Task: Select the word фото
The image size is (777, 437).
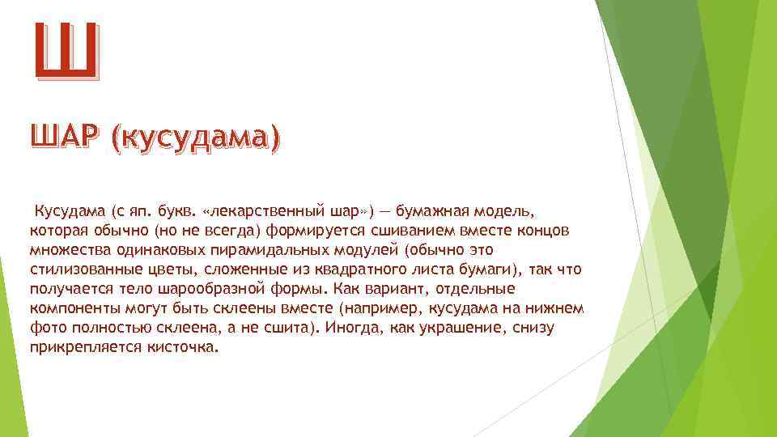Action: coord(45,328)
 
